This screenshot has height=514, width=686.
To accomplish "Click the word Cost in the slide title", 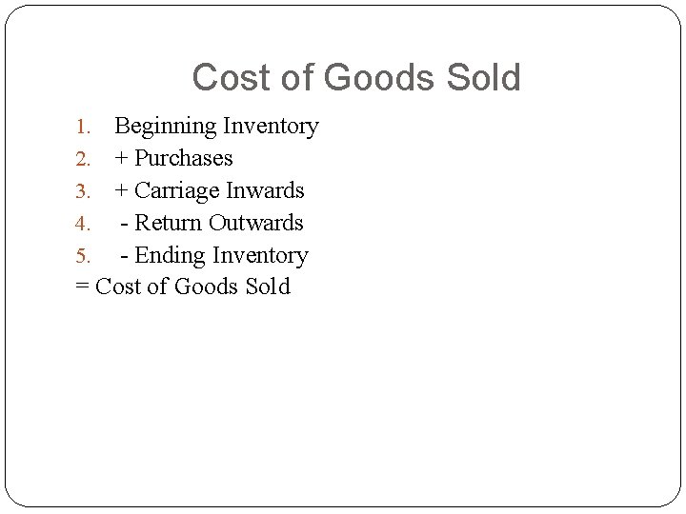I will pos(232,78).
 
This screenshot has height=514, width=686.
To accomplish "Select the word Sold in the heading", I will pos(485,78).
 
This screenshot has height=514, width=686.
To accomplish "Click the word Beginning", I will pos(166,127).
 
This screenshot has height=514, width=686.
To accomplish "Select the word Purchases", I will pos(184,158).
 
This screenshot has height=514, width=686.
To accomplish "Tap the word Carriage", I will pos(176,190).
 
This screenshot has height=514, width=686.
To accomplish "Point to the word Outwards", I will pos(256,223).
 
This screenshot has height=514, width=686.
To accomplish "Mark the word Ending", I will pos(171,255).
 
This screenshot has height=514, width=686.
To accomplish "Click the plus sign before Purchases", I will pos(121,159).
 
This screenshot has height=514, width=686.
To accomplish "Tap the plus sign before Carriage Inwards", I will pos(121,191).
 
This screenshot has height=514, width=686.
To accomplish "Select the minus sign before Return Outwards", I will pos(125,224).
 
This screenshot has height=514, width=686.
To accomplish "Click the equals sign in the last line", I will pos(81,287).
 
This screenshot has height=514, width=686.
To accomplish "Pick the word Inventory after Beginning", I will pos(271,127).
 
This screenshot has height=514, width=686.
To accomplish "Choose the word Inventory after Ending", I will pos(260,255).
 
